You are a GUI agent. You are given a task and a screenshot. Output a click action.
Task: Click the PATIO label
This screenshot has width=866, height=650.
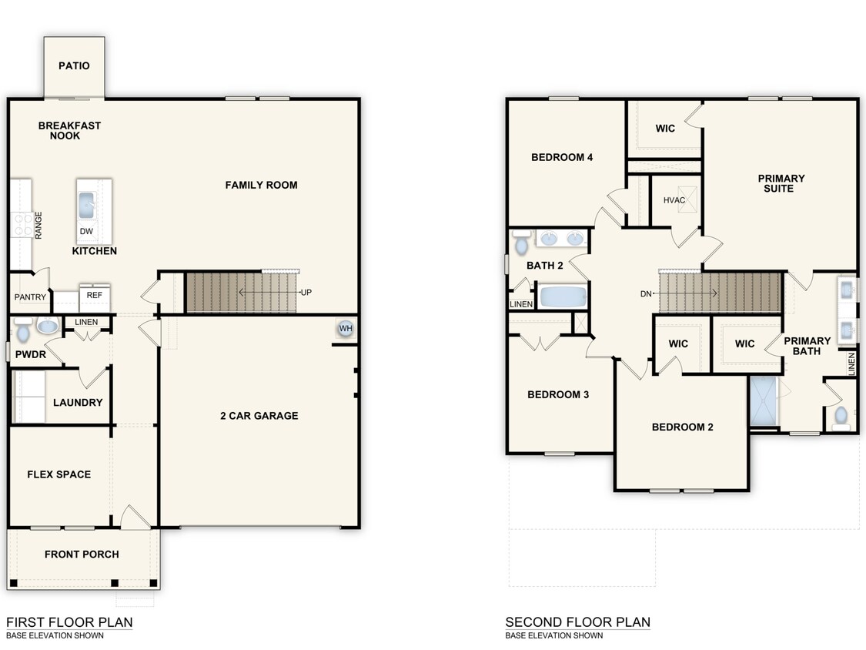tap(74, 65)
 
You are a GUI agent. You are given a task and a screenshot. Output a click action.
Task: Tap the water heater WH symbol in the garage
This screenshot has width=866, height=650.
tap(344, 328)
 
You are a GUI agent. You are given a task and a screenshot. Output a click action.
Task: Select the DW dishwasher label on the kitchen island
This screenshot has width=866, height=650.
tap(86, 231)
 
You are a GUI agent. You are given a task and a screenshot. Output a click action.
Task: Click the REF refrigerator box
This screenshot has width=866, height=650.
tap(94, 295)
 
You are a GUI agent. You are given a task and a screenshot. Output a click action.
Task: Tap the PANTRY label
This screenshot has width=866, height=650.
tap(30, 297)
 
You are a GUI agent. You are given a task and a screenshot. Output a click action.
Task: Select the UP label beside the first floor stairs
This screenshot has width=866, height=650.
tap(306, 293)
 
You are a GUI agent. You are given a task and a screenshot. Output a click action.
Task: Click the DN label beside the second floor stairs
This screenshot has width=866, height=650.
tap(647, 293)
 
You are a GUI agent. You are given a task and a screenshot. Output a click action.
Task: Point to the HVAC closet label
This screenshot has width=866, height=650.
tap(674, 200)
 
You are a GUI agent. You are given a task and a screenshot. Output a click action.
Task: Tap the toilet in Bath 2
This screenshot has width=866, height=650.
tap(521, 243)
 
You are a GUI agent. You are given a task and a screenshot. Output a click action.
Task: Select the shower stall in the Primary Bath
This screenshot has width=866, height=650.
tap(764, 400)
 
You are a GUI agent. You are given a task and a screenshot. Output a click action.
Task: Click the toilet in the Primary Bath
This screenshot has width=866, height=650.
tap(841, 415)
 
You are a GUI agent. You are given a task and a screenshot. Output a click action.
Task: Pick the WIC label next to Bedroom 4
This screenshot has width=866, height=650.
tap(665, 128)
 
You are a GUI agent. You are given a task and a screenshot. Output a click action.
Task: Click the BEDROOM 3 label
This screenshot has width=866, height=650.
tap(558, 394)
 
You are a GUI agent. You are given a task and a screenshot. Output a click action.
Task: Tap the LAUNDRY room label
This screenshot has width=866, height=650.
tap(78, 402)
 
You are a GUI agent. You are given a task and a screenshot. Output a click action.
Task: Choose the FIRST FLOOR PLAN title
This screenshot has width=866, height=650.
tap(69, 622)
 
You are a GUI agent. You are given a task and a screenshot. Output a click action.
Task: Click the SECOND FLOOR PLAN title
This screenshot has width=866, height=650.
tap(577, 622)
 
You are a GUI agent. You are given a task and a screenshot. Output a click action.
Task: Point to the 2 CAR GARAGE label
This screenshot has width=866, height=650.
tap(259, 416)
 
